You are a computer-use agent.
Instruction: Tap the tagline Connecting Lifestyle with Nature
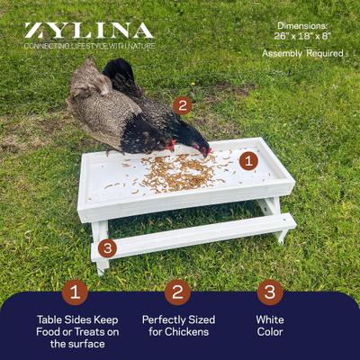(88, 45)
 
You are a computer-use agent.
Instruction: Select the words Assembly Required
(303, 54)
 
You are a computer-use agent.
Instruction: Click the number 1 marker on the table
(248, 162)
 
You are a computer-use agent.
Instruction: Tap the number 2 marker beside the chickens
(183, 105)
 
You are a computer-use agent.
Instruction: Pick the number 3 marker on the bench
(107, 247)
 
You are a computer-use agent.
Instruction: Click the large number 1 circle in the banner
(76, 292)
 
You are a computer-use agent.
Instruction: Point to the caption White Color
(270, 326)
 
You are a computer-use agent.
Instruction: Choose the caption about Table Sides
(77, 331)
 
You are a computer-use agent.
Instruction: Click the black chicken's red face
(204, 147)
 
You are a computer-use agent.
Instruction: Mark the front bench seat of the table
(193, 236)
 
